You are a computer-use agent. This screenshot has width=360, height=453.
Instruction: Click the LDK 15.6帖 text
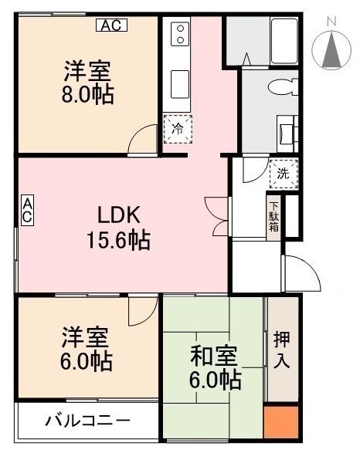[x=119, y=228]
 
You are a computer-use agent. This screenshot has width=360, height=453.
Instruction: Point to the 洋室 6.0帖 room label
[x=87, y=349]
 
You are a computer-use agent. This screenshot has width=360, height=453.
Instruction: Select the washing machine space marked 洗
[x=283, y=174]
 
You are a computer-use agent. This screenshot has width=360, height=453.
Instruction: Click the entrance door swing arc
[x=301, y=274]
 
